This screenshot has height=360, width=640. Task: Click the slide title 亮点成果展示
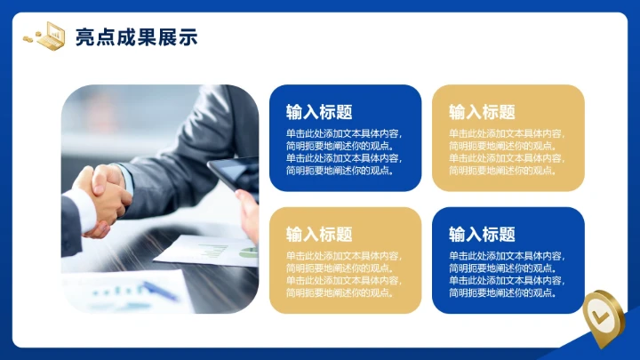click(136, 36)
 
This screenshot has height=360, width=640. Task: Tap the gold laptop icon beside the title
click(52, 35)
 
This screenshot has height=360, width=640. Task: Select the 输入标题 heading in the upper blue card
click(319, 112)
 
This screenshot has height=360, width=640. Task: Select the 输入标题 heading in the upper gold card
click(482, 112)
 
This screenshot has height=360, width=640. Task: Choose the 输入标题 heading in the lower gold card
click(319, 235)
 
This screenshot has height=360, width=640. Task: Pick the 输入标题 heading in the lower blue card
click(482, 235)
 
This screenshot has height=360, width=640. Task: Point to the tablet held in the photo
click(234, 174)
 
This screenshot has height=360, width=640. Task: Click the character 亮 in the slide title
click(85, 36)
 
